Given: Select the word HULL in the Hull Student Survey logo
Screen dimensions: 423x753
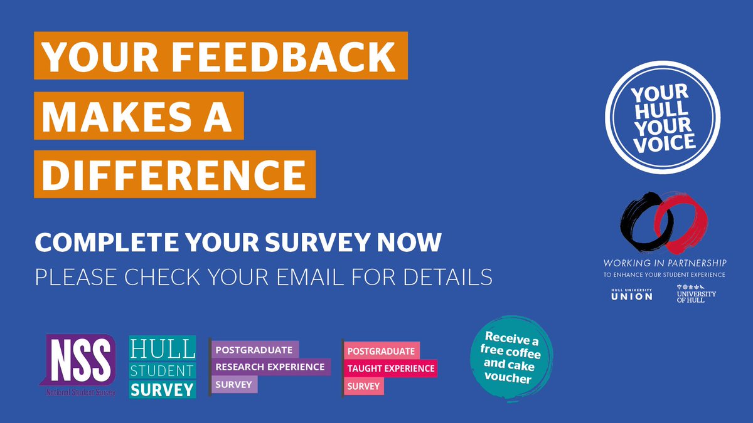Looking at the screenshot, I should pyautogui.click(x=162, y=348).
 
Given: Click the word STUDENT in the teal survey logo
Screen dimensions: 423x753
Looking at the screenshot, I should pyautogui.click(x=162, y=370).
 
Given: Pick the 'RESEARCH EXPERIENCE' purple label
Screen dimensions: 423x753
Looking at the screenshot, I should pyautogui.click(x=270, y=366).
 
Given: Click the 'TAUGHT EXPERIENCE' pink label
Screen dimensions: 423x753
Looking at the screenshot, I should pyautogui.click(x=390, y=368).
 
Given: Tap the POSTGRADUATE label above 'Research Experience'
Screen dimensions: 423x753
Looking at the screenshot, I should pyautogui.click(x=254, y=349).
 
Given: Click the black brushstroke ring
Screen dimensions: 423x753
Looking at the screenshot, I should pyautogui.click(x=640, y=223).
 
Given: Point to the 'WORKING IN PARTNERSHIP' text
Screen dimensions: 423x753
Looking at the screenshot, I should pyautogui.click(x=665, y=263).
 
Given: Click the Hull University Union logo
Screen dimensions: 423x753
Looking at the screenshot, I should pyautogui.click(x=631, y=294).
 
